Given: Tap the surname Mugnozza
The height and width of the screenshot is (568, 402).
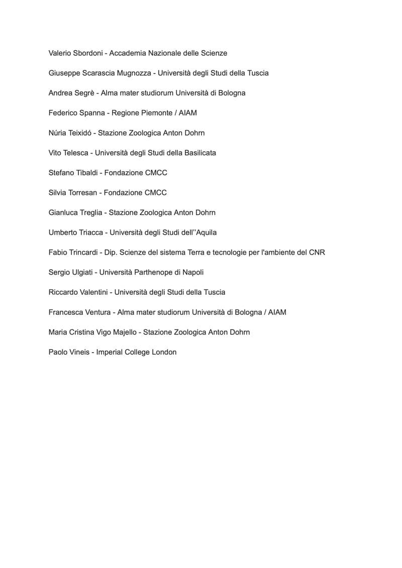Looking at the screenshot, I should (x=134, y=73).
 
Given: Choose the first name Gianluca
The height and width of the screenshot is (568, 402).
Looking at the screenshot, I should (x=63, y=212).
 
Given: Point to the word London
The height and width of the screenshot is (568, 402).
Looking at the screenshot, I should (x=164, y=352).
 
